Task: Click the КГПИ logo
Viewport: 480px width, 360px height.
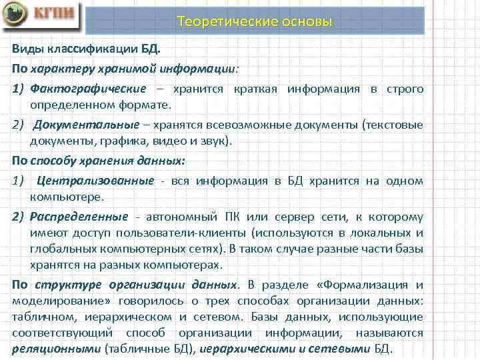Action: tap(41, 17)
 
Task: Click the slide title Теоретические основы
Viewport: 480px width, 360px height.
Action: tap(255, 22)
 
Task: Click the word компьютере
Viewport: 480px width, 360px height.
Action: tap(66, 197)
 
